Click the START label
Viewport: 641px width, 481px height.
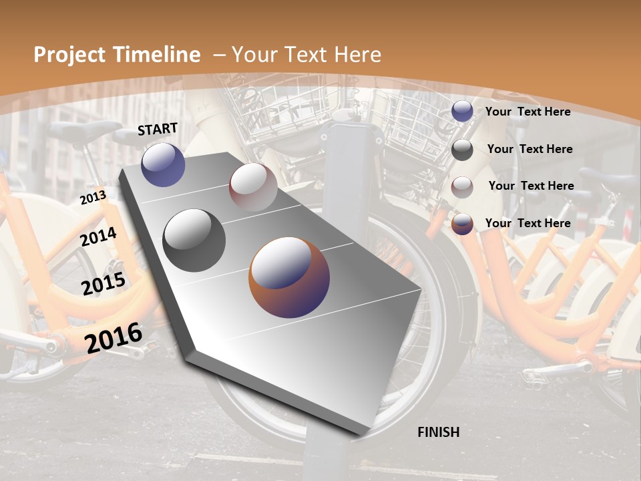[x=158, y=129]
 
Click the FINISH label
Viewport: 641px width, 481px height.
[x=438, y=432]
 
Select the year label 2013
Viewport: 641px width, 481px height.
[x=93, y=197]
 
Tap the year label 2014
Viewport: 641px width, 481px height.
[x=98, y=237]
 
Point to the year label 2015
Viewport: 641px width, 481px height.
[x=103, y=284]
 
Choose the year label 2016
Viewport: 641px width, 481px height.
[x=114, y=337]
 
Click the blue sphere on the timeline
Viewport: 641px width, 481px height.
[x=163, y=164]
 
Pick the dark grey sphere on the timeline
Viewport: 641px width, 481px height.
[x=194, y=240]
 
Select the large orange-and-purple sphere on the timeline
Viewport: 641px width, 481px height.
[x=289, y=277]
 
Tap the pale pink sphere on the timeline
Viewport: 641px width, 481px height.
[x=253, y=187]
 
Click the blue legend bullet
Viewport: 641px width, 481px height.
[x=462, y=112]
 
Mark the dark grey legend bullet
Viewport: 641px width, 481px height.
[x=462, y=150]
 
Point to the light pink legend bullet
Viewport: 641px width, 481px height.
[x=462, y=187]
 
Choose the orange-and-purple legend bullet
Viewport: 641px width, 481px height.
[x=462, y=224]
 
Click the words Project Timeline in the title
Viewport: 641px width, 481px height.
[x=117, y=55]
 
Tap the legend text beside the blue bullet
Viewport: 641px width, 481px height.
[x=527, y=112]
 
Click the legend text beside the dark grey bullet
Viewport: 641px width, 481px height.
[x=529, y=149]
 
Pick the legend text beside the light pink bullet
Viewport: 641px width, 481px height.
[x=531, y=186]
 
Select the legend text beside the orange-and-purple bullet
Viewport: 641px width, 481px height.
[x=527, y=223]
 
